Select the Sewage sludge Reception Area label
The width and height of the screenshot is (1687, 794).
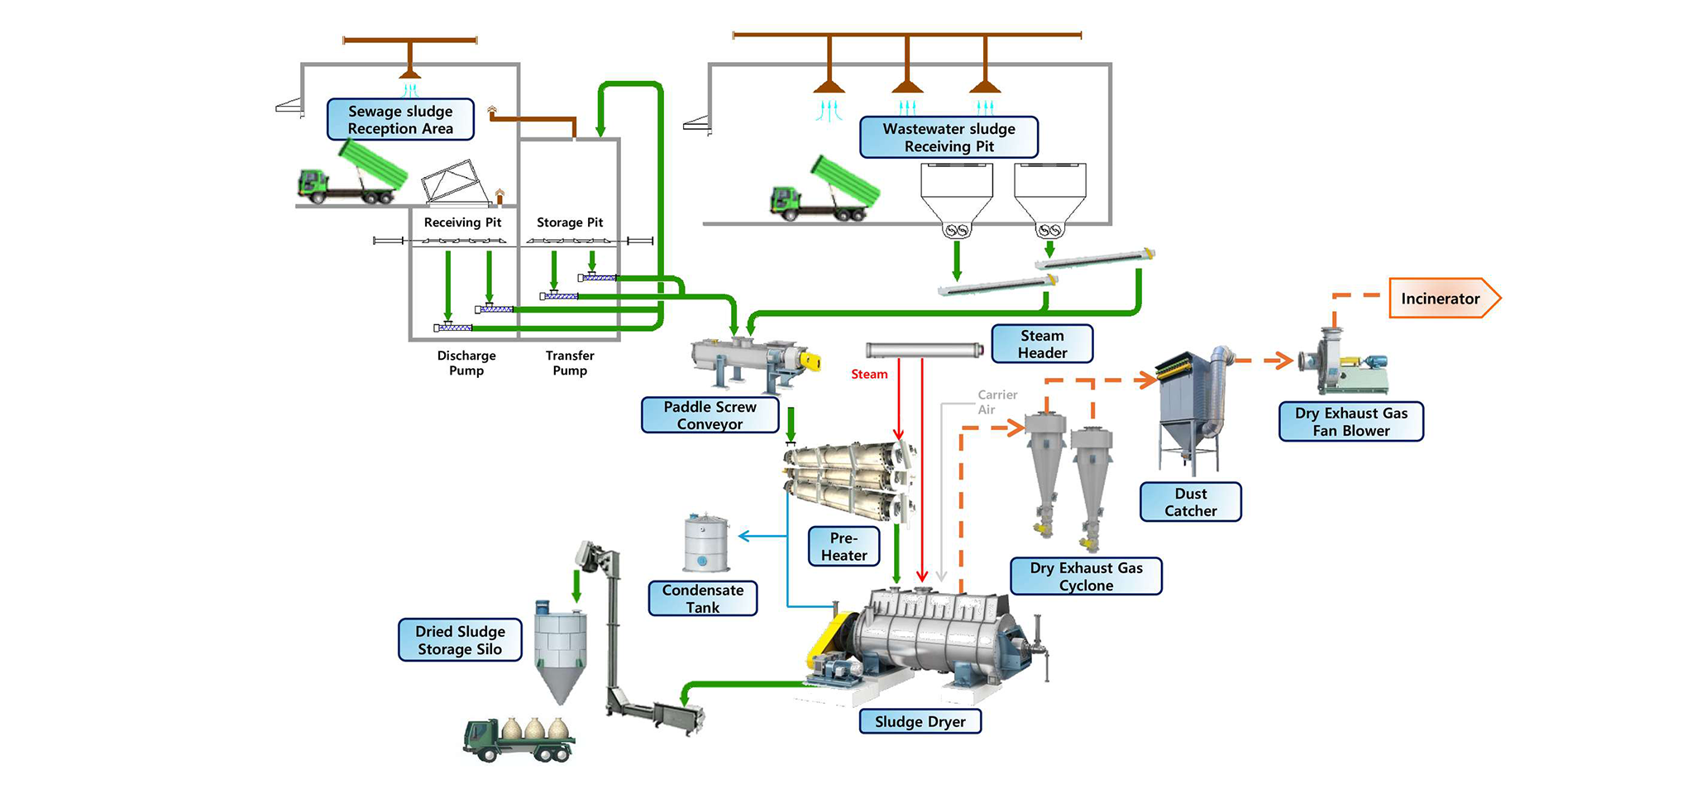pos(400,120)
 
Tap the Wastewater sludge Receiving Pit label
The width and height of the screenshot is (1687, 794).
pos(949,137)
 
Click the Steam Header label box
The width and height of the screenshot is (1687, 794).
pos(1042,344)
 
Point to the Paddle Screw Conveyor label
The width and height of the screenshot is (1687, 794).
pos(710,415)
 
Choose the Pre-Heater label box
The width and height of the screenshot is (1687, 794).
pos(843,547)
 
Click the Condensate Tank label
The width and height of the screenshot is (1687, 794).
pos(703,599)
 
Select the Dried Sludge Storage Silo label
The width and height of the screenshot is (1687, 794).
pos(460,640)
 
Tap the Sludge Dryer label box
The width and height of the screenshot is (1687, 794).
pos(920,721)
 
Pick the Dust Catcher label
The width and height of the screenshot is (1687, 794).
pos(1190,502)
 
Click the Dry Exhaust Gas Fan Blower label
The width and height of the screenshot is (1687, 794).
pos(1350,422)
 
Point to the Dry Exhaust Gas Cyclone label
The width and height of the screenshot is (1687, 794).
pos(1086,576)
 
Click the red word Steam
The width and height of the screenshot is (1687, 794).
pos(869,375)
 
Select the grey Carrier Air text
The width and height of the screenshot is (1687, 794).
pos(996,402)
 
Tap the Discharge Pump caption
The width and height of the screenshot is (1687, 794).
pos(466,363)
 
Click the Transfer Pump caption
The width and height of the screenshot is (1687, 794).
pos(570,363)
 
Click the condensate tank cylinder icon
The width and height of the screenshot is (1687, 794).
pos(705,543)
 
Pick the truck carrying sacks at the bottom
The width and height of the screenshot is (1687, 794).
pos(519,739)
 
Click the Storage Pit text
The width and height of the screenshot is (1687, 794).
pos(570,222)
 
